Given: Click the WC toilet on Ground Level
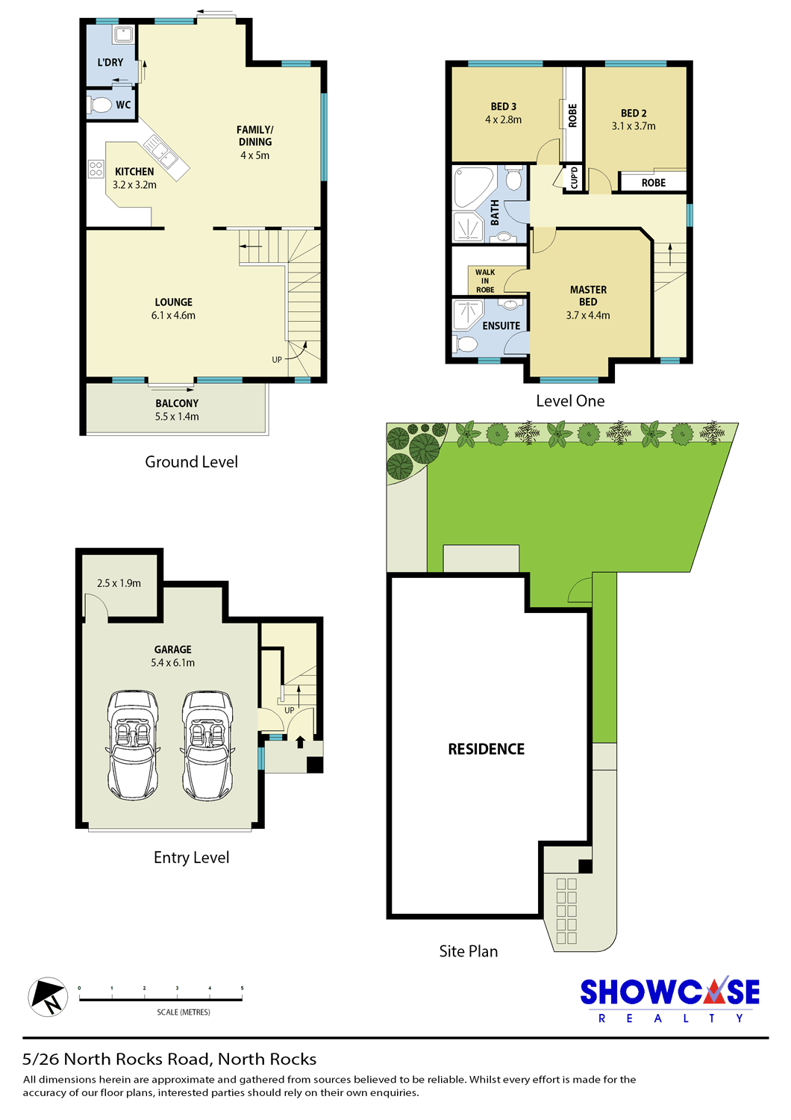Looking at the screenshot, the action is (100, 105).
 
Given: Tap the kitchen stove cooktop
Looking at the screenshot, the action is (96, 169).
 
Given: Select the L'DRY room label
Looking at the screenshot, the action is (110, 63).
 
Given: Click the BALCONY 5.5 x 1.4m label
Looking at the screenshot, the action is (177, 409).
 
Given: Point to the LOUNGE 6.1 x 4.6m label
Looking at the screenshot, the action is (173, 308).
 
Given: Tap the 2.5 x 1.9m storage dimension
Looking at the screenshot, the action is (119, 583).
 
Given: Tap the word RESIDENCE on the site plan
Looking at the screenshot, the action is (487, 749).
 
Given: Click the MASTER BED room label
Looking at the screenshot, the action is (588, 296).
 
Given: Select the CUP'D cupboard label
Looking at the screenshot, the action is (574, 178).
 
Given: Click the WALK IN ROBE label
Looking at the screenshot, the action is (485, 281).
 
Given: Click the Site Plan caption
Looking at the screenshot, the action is (469, 951).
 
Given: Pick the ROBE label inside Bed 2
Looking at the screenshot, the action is (654, 182).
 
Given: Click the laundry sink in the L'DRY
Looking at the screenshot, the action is (122, 35).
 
